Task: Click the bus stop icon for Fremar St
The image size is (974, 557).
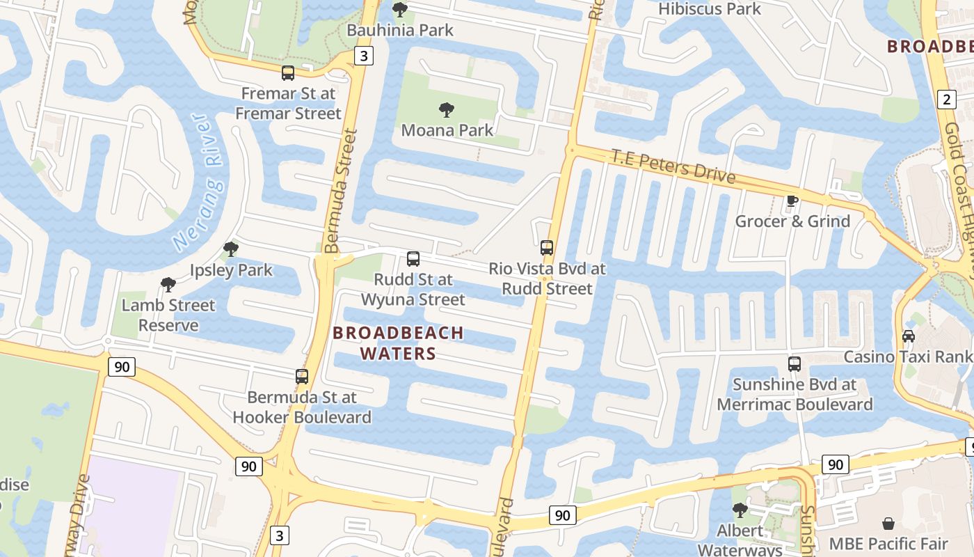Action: [x=288, y=72]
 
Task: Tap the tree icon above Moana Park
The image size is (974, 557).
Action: [x=447, y=109]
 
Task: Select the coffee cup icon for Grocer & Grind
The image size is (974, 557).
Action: [x=792, y=201]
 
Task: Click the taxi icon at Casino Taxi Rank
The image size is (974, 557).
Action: [x=909, y=336]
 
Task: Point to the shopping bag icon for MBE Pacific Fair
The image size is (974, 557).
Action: [x=888, y=523]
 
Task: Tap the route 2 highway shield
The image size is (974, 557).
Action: [x=945, y=99]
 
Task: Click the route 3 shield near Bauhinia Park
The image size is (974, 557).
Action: [x=363, y=56]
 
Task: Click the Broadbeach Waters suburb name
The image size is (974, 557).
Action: [x=398, y=343]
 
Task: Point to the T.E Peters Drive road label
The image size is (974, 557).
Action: [x=673, y=165]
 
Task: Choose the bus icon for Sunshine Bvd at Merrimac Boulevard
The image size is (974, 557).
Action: [x=795, y=363]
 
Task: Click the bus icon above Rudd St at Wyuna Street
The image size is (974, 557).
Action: [x=413, y=259]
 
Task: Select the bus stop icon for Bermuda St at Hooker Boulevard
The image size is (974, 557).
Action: [x=302, y=377]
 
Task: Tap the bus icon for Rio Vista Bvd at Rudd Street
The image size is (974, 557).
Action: [x=547, y=247]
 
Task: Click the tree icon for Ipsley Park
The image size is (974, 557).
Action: [x=231, y=249]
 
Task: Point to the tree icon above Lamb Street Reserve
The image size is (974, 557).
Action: [x=168, y=284]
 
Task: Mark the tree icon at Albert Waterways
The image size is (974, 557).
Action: [x=740, y=510]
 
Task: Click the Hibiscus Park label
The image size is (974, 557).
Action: [x=710, y=9]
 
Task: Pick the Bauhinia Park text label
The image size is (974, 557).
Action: [x=400, y=30]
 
